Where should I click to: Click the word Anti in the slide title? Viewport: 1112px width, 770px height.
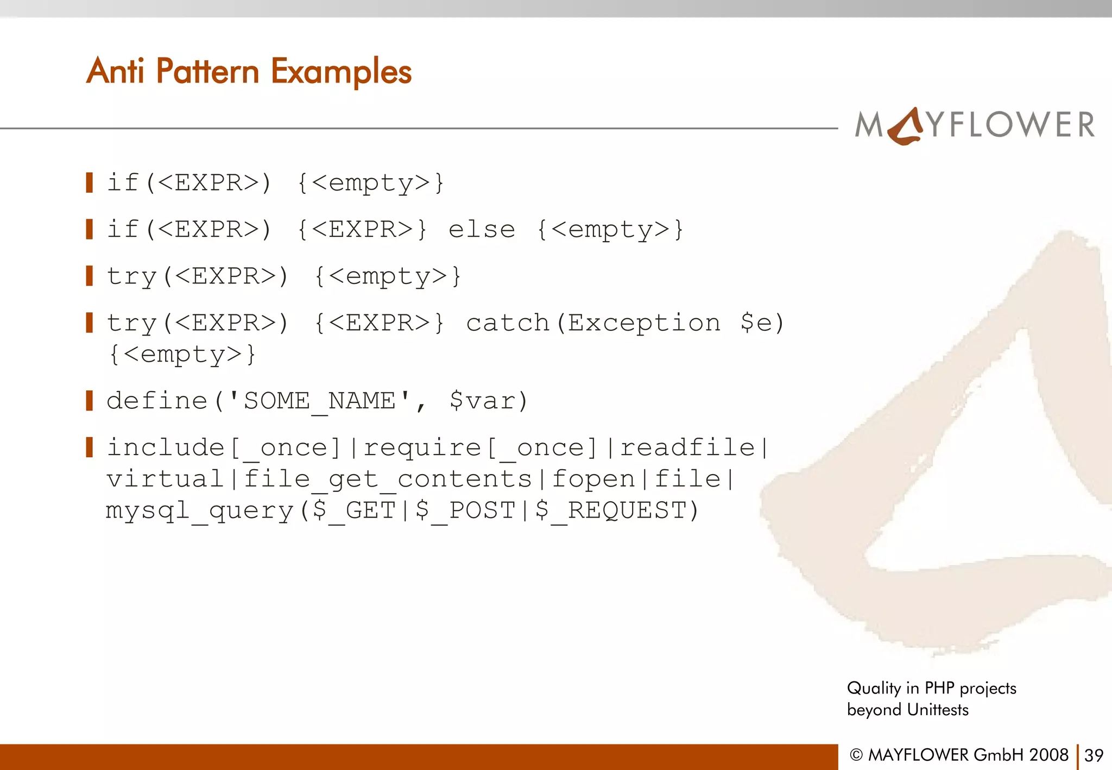pos(115,71)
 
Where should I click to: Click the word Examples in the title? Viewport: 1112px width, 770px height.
pos(341,72)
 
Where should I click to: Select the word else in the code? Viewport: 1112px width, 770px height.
pos(482,230)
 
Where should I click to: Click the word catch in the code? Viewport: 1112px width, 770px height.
pos(508,323)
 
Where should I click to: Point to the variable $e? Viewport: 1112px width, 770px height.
pos(755,323)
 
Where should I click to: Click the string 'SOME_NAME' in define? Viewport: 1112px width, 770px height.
pos(320,401)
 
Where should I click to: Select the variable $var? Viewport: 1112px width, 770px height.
pos(481,401)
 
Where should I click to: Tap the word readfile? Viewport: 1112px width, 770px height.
pos(687,448)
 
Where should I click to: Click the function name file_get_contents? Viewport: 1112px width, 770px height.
pos(388,479)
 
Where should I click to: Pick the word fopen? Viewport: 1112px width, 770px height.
pos(593,479)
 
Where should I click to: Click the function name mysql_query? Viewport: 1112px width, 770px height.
pos(199,511)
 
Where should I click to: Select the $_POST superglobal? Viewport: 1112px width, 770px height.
pos(465,511)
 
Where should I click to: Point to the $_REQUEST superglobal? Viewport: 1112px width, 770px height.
pos(611,511)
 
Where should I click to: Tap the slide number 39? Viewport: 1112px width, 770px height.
pos(1094,755)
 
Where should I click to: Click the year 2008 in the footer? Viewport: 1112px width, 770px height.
pos(1048,755)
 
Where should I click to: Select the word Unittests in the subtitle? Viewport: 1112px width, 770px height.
pos(938,710)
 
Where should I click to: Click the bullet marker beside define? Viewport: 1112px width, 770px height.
pos(90,401)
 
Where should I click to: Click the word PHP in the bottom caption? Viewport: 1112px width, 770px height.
pos(939,688)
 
